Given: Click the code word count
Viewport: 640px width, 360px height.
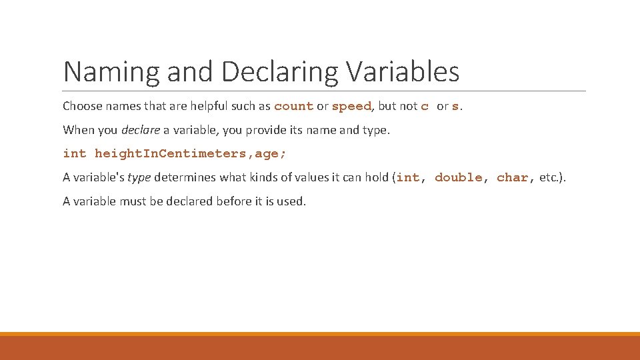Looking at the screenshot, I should point(293,107).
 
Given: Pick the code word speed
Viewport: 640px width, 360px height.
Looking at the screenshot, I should point(351,107).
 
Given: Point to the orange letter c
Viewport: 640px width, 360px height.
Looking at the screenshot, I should point(425,107).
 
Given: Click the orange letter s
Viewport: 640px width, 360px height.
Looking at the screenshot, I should point(455,107).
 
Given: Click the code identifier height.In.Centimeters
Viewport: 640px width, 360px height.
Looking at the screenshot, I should point(170,154).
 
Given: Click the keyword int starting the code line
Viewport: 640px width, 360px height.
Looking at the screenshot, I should point(75,154).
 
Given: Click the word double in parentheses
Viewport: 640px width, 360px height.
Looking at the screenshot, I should point(458,178).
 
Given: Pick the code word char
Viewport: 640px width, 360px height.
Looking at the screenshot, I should point(512,178).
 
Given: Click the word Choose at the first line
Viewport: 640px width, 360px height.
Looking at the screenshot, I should point(82,106).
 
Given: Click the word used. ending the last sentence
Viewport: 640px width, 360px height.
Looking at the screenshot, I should point(291,201).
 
